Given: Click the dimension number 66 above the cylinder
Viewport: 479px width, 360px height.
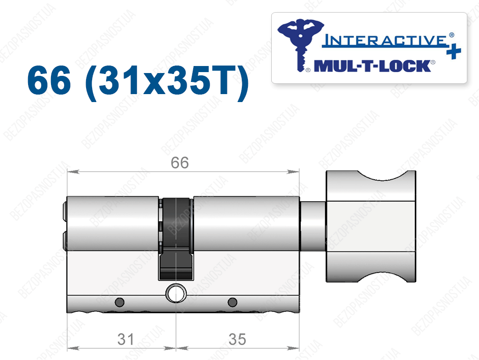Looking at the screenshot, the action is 180,162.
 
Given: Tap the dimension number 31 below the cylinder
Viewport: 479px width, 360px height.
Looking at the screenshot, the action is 126,339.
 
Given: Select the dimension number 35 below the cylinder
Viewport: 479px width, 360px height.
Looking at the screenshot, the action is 237,339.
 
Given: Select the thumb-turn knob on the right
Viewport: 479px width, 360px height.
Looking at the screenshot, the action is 371,226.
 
